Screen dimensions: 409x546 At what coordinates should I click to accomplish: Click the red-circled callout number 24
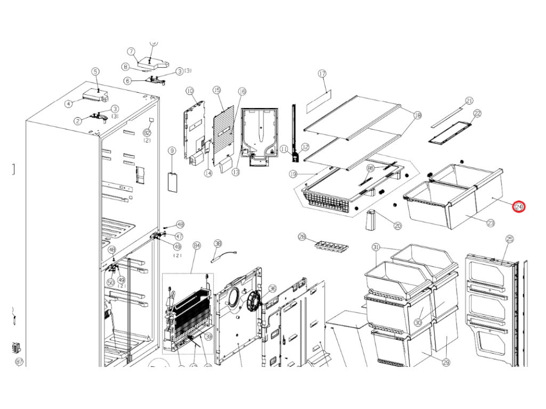519,207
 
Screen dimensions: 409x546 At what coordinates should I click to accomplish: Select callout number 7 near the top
130,52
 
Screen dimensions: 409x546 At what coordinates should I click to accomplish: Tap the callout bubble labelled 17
322,73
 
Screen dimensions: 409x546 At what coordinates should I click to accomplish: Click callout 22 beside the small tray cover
477,113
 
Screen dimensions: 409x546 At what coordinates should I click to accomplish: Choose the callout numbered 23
491,223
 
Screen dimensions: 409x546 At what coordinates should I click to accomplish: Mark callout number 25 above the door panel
509,240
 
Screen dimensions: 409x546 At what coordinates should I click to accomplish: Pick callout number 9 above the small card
172,151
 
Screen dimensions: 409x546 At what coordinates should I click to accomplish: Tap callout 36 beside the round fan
272,289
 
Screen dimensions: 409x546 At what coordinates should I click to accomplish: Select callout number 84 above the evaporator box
197,246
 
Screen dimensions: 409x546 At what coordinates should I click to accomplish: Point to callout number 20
397,226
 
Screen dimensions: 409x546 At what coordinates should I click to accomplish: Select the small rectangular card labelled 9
172,182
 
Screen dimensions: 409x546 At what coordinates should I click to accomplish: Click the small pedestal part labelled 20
372,220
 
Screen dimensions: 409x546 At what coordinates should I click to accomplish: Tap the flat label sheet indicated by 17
319,100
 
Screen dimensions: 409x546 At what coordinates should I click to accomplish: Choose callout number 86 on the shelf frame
371,168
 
